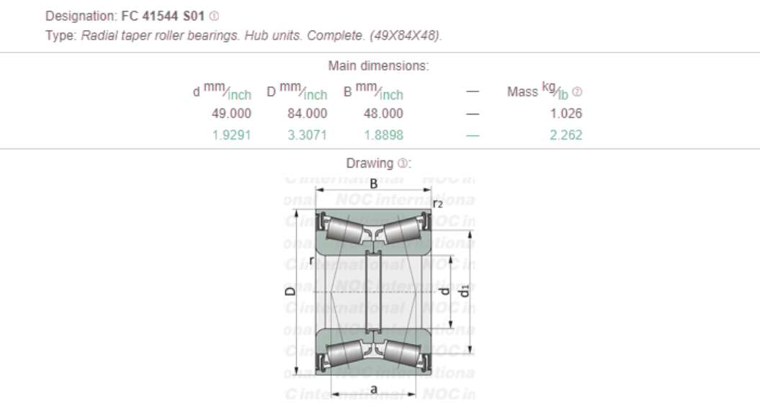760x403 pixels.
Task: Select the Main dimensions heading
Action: click(379, 66)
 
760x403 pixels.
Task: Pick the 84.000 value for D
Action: click(307, 114)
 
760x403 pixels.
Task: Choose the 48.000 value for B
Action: click(383, 114)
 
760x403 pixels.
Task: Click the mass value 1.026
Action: click(565, 114)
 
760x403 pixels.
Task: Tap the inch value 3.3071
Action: click(307, 134)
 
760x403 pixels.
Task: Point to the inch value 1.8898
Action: click(383, 134)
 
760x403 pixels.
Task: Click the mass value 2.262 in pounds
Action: click(565, 134)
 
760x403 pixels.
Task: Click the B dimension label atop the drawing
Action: click(373, 183)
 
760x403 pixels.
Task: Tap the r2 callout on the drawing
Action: click(437, 204)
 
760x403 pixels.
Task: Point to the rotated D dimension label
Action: click(289, 292)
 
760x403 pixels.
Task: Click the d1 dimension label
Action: click(465, 290)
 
